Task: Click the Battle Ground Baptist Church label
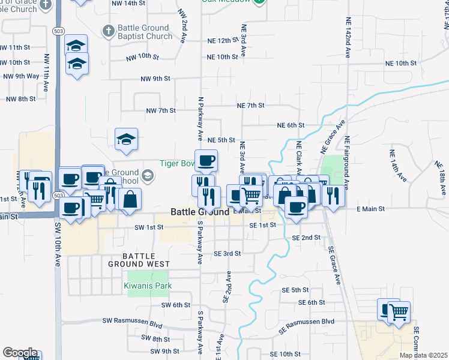144,32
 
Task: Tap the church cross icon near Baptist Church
108,31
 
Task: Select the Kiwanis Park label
149,286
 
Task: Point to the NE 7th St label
251,106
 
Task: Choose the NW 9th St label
155,79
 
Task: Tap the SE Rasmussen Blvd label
306,322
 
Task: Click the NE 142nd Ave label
348,37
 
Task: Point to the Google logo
19,353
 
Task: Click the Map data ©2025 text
423,355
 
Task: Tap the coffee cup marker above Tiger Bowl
206,161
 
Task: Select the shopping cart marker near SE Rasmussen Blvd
399,312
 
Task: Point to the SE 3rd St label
227,254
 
